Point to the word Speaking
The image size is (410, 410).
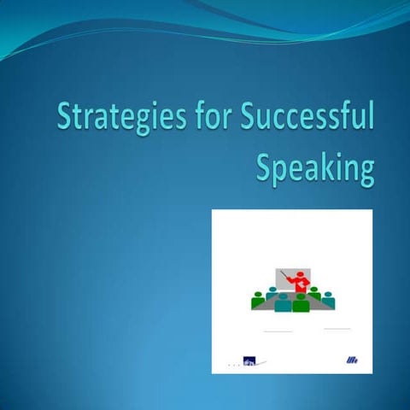315,167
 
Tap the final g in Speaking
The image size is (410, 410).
366,171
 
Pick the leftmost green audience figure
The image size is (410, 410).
259,301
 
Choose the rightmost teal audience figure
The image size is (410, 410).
328,300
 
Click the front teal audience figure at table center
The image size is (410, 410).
283,303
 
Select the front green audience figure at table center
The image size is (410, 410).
301,303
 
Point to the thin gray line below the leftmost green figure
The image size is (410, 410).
278,331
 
